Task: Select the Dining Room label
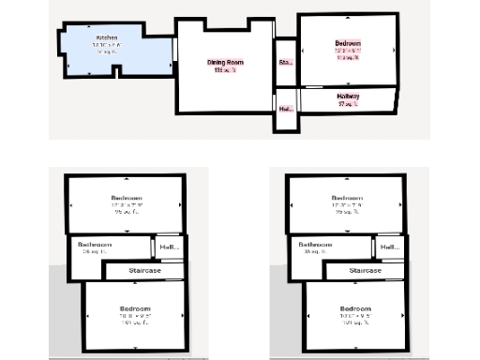point(225,62)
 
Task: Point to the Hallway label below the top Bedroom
point(348,96)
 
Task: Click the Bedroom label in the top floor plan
point(347,43)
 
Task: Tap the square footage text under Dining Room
point(225,70)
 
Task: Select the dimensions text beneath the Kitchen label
point(107,45)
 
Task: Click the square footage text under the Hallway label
point(348,103)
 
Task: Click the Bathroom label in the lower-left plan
point(95,244)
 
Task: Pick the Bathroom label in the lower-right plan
point(317,244)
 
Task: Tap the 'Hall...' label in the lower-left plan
point(169,247)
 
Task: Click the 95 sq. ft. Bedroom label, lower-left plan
point(127,198)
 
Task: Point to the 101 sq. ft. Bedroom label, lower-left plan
point(135,309)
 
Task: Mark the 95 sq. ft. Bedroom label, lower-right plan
point(348,198)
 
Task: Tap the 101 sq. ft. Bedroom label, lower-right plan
point(356,309)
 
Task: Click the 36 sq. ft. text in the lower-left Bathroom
point(95,252)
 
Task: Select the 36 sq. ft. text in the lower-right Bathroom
point(317,252)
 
